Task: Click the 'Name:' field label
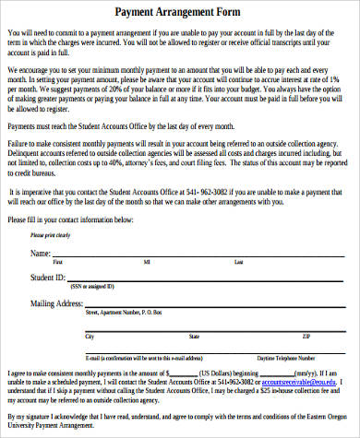(x=41, y=252)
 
